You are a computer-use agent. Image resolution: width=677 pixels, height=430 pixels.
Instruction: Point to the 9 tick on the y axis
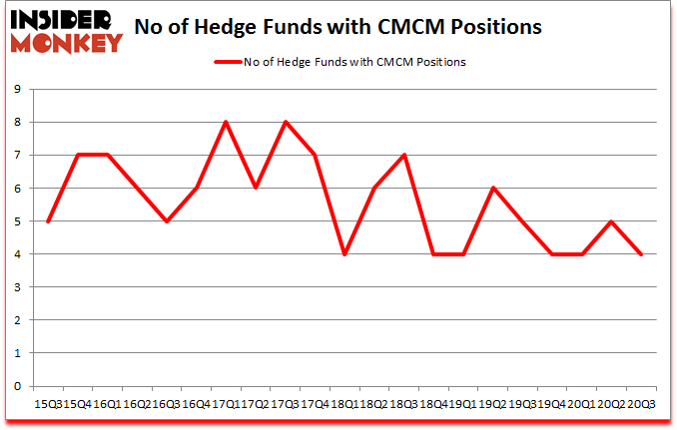(x=18, y=90)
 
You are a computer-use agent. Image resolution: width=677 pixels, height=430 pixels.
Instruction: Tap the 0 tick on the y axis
(x=18, y=386)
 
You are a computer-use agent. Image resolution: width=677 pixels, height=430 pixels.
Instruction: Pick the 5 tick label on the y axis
(x=18, y=221)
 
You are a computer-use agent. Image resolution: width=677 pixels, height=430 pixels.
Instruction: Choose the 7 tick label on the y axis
(x=18, y=156)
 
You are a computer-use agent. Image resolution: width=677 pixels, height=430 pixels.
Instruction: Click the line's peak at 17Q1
(x=226, y=123)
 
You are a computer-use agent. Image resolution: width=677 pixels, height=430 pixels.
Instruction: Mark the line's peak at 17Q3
(x=286, y=123)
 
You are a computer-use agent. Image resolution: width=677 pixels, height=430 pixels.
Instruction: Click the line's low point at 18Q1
(x=344, y=254)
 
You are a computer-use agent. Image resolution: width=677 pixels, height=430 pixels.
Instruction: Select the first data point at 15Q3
(x=48, y=221)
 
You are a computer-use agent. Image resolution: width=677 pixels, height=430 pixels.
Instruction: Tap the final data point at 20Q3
(x=641, y=254)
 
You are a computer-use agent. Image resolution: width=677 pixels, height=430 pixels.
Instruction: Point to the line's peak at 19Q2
(x=492, y=189)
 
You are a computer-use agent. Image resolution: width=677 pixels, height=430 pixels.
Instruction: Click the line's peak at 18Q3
(x=403, y=156)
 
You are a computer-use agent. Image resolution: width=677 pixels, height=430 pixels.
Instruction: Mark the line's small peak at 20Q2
(x=611, y=221)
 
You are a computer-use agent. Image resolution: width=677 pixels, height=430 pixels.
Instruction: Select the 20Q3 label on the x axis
(x=641, y=402)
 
